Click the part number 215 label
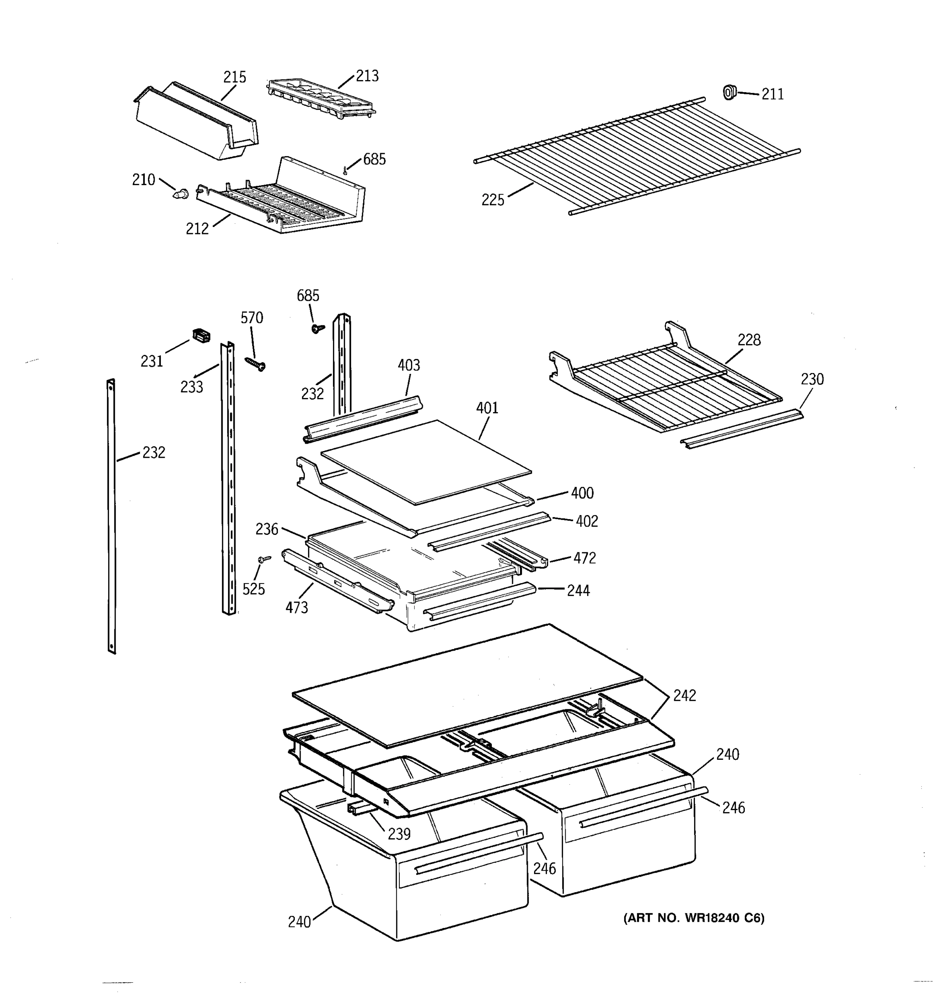234,77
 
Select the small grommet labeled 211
729,93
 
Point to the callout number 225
493,200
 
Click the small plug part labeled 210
181,193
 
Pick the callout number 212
197,229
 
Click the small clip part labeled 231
201,336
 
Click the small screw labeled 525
264,558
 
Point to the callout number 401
487,408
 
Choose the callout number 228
749,340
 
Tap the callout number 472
584,558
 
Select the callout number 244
578,591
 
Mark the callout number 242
684,696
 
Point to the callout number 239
399,834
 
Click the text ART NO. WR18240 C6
694,918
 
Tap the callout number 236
266,529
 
